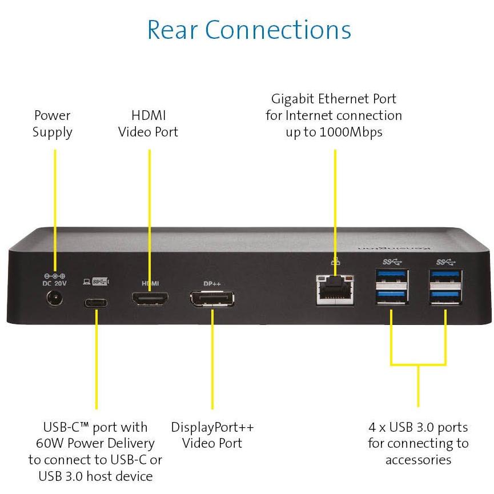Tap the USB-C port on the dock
(95, 302)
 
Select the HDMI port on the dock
(150, 299)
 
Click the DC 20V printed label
(55, 282)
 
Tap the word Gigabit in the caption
(294, 99)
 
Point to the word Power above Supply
(52, 115)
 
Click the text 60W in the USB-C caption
(48, 444)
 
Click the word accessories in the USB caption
(418, 460)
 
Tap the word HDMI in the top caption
(148, 115)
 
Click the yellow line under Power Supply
(55, 206)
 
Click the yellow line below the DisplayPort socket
(212, 360)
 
